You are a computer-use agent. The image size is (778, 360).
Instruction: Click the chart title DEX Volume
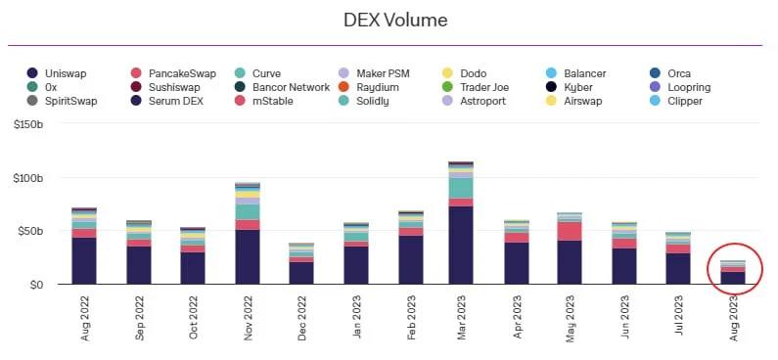[395, 20]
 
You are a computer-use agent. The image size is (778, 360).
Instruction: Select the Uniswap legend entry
[57, 73]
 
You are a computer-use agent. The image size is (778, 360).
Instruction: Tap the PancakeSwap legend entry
[173, 74]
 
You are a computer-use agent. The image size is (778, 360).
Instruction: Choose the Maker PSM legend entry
[374, 73]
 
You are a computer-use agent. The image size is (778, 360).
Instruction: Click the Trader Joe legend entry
[475, 87]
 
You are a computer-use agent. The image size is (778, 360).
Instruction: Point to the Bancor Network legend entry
[282, 87]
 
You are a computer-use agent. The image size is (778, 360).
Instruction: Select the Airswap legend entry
[573, 101]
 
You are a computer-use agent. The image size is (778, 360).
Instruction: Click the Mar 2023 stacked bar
[461, 223]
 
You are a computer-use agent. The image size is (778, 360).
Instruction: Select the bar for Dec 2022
[301, 263]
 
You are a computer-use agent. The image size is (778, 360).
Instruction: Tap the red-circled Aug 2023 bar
[733, 272]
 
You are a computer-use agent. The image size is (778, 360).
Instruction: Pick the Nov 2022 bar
[248, 233]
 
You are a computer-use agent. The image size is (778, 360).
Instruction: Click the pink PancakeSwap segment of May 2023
[570, 231]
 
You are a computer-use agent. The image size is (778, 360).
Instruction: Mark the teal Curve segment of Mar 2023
[461, 188]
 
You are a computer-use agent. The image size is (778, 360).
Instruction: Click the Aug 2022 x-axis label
[85, 318]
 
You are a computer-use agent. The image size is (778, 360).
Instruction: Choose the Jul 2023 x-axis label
[679, 315]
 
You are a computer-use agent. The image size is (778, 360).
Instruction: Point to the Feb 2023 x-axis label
[411, 317]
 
